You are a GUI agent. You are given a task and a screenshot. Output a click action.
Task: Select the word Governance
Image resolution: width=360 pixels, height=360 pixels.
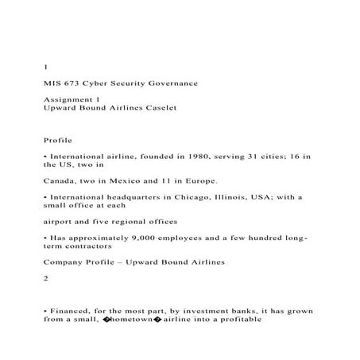[x=180, y=83]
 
